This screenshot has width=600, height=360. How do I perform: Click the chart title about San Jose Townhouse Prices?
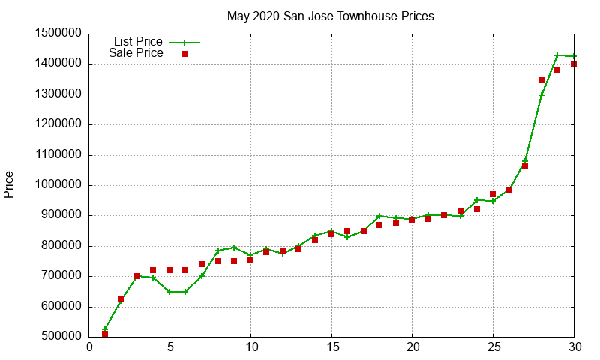330,16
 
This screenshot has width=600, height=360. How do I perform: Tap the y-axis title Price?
9,184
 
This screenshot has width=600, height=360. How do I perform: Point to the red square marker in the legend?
184,54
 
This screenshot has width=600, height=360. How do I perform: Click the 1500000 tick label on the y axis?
59,34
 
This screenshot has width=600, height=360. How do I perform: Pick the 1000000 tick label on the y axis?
59,185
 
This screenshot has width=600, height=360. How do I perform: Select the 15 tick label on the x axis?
331,348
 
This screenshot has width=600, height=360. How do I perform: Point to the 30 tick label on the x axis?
574,348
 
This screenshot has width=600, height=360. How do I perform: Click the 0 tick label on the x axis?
89,348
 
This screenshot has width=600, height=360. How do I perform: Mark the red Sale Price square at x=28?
541,79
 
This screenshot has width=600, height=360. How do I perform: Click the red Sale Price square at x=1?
105,334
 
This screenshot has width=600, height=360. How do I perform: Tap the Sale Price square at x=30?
574,64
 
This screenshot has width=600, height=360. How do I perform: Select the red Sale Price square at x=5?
169,270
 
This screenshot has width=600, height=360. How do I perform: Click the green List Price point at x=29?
557,55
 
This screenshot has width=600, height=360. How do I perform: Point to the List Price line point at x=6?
186,291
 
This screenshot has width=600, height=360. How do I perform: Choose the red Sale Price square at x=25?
493,194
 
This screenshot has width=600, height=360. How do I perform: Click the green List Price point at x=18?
379,216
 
